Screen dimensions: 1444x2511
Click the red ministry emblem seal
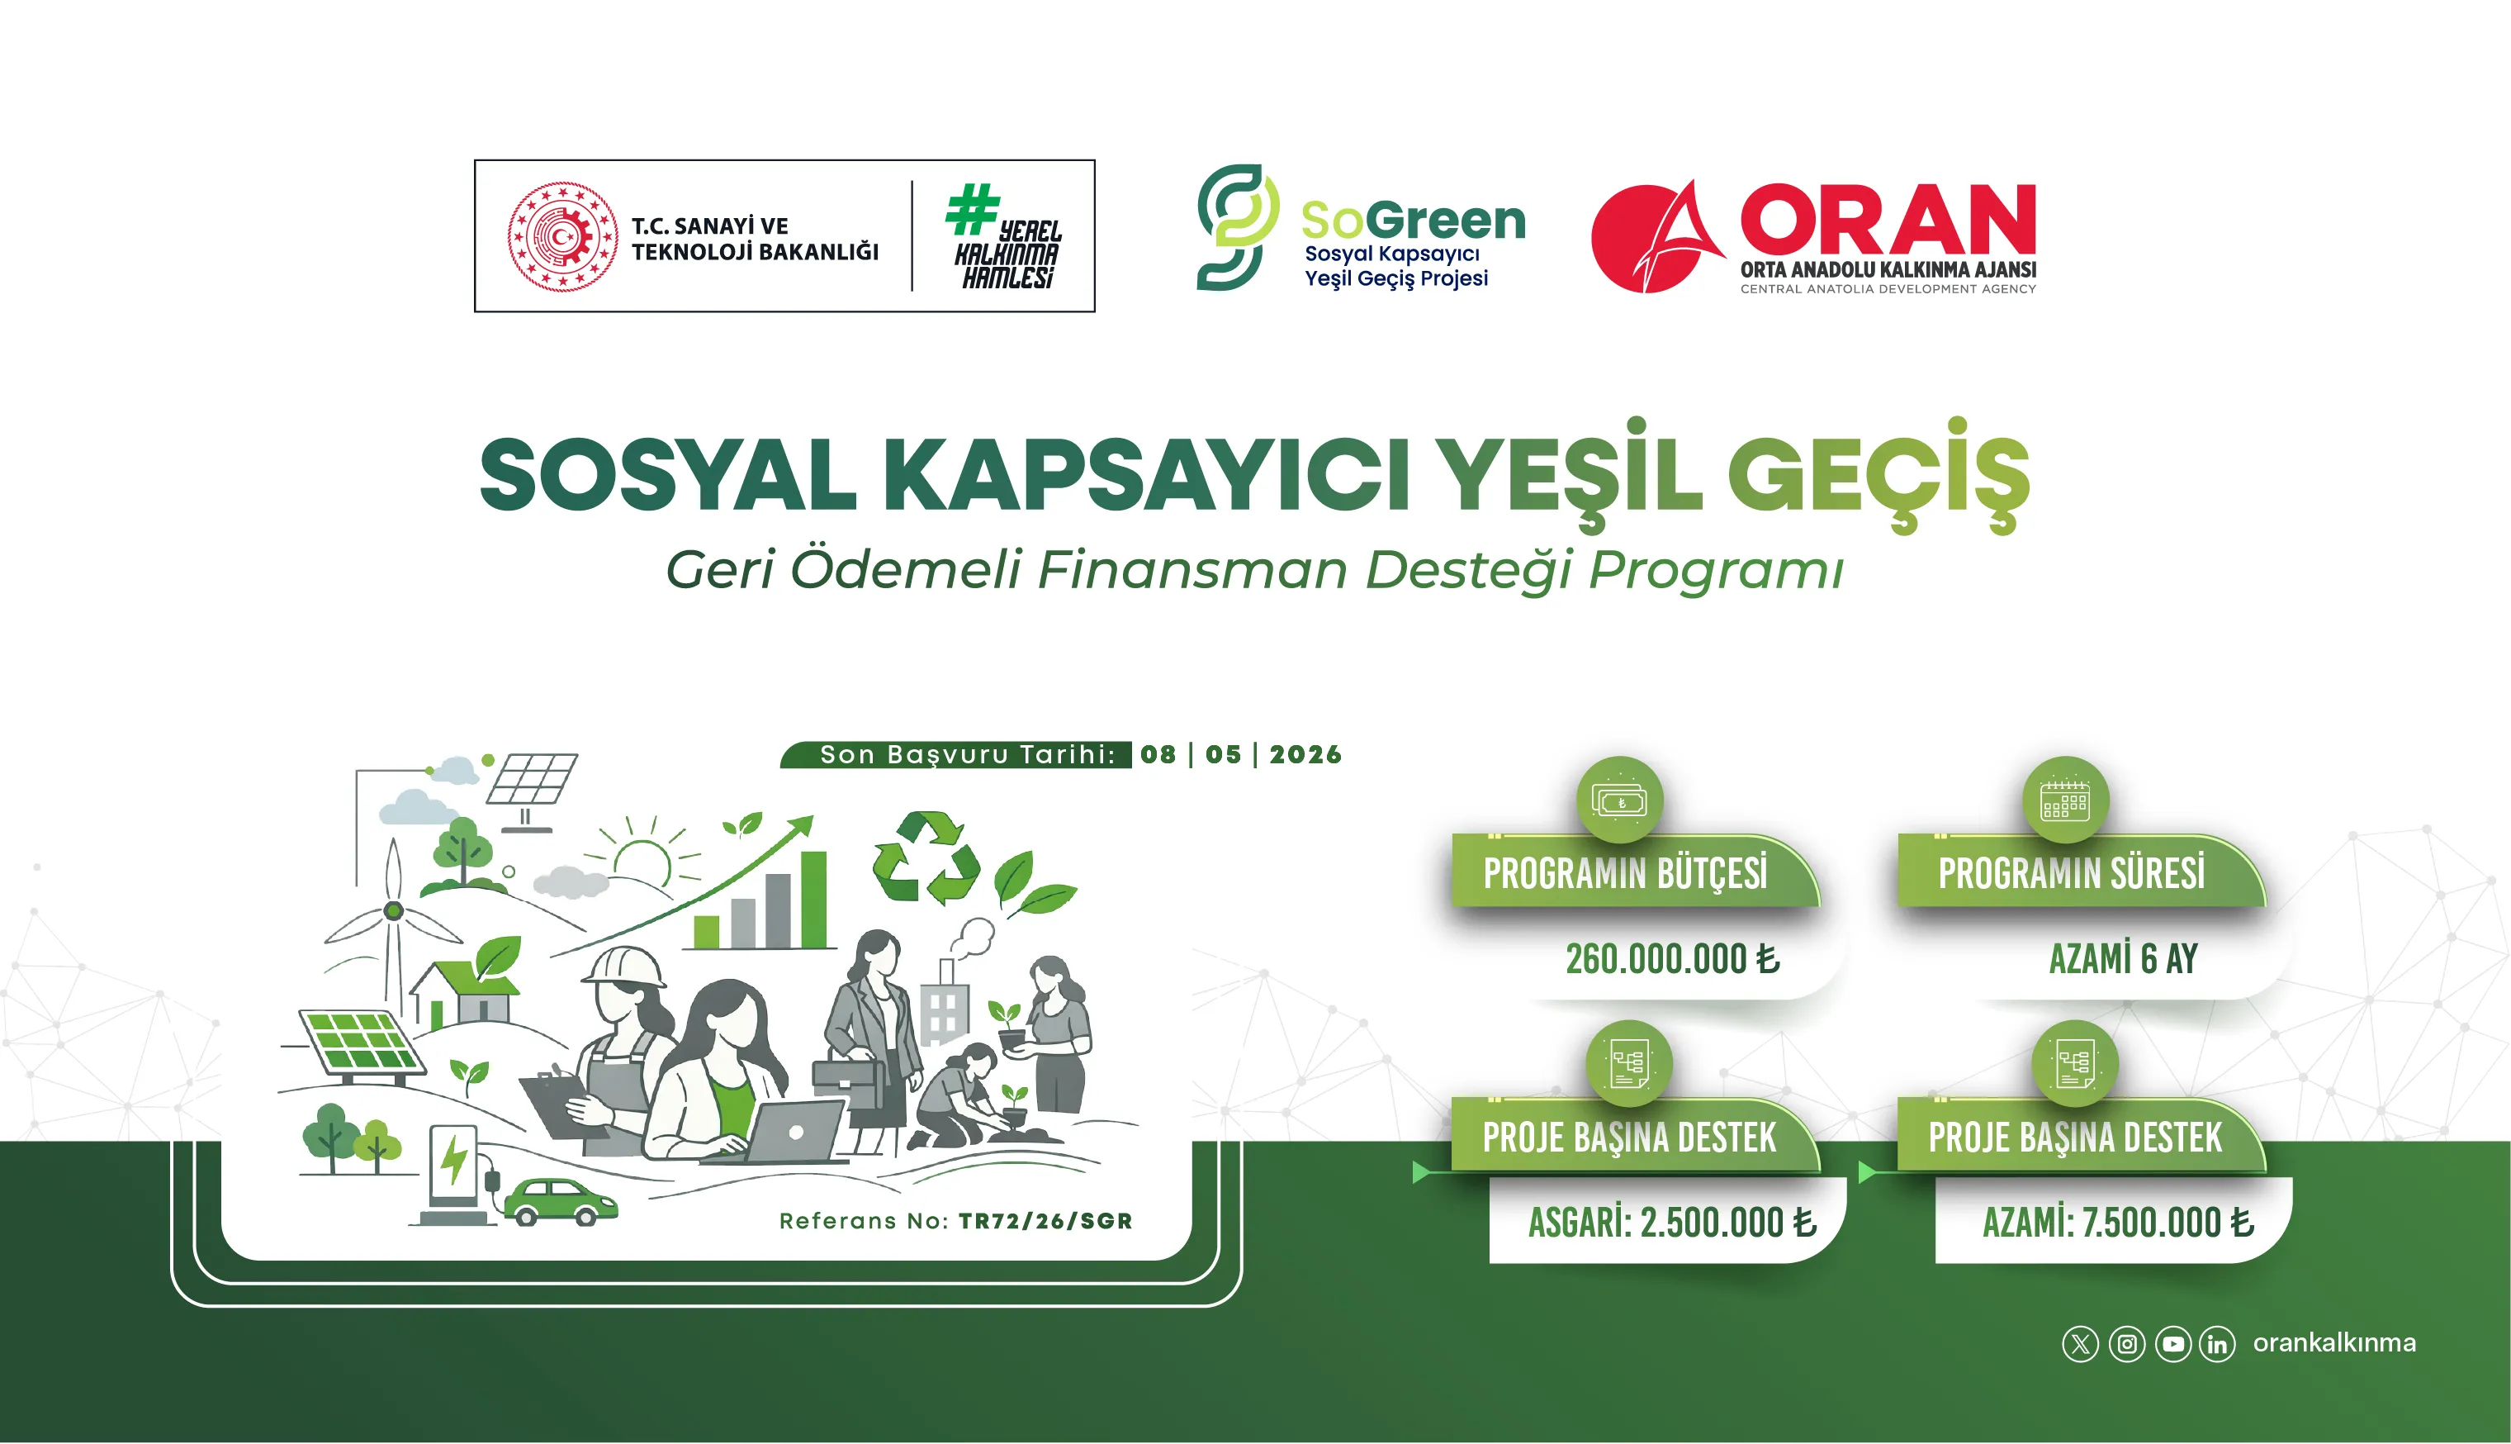click(562, 236)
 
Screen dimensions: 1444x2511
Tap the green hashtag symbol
click(972, 208)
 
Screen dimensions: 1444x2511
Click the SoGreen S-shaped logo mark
click(1235, 227)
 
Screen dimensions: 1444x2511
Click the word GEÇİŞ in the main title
click(1879, 476)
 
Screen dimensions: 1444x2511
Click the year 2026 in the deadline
click(1305, 755)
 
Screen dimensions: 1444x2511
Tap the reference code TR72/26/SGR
click(1045, 1221)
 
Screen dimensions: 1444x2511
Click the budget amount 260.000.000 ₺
click(1672, 959)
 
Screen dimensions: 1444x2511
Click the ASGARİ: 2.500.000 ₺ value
click(1671, 1223)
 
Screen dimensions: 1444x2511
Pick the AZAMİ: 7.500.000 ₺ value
click(2117, 1223)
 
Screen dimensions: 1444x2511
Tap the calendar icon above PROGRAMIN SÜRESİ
click(2065, 800)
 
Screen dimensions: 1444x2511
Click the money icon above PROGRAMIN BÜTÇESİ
click(1619, 800)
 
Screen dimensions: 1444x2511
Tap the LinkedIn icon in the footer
click(2218, 1344)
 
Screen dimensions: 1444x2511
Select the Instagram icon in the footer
click(2126, 1344)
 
